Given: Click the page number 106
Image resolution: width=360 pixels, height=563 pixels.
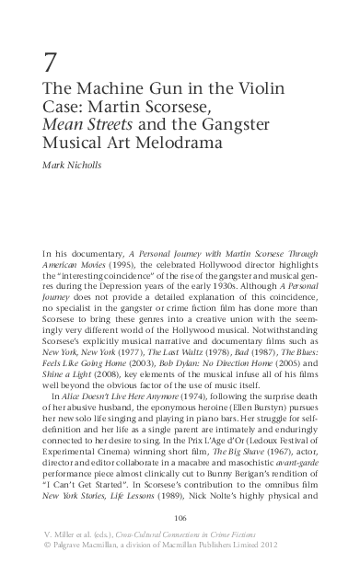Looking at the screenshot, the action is (180, 517).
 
